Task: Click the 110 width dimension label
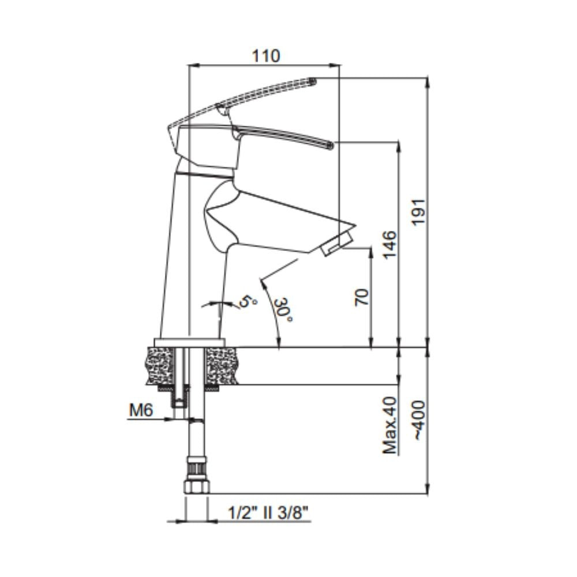pos(265,56)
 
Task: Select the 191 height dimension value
pos(418,212)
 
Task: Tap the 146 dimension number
pos(390,245)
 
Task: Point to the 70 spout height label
pos(362,297)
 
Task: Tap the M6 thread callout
pos(141,410)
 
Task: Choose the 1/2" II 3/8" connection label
pos(268,512)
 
